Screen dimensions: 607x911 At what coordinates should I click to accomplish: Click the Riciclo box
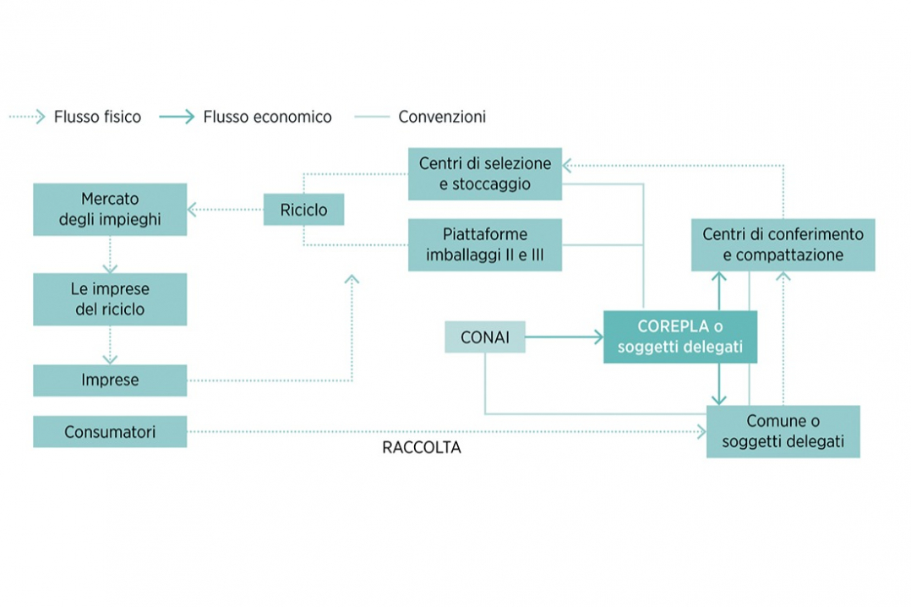tap(303, 209)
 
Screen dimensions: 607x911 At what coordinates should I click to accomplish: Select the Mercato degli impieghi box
tap(110, 210)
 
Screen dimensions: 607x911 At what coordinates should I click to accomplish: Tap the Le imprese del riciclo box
tap(110, 299)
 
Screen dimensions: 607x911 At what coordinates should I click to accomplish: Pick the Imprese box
tap(110, 380)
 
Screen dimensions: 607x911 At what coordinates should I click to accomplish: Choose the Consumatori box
tap(110, 432)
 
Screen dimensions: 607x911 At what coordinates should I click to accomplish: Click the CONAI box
tap(485, 338)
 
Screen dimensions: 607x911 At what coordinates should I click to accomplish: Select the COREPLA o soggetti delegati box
tap(680, 337)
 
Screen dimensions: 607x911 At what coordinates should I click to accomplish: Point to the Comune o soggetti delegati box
tap(783, 432)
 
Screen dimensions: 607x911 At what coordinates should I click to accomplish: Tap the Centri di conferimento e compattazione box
tap(783, 244)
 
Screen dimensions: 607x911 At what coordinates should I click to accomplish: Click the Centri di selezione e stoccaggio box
tap(485, 174)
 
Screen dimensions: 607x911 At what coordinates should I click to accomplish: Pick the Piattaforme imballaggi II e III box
tap(485, 245)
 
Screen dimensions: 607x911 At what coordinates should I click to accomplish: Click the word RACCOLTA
tap(422, 448)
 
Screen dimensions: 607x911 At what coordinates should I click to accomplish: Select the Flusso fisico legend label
tap(97, 118)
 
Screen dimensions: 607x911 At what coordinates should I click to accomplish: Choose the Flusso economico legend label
tap(267, 118)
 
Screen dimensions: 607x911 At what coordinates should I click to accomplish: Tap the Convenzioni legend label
tap(442, 118)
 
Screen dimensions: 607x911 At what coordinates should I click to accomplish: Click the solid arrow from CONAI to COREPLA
tap(564, 338)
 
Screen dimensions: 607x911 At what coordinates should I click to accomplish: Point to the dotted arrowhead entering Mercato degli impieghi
tap(194, 209)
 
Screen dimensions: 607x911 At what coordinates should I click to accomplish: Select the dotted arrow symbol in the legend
tap(27, 118)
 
